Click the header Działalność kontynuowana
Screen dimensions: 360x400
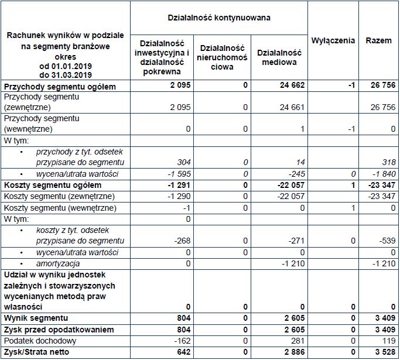pos(220,18)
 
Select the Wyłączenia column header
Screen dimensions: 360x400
pos(333,40)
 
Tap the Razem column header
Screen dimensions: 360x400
pos(378,40)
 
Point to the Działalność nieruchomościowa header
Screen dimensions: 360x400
pos(221,57)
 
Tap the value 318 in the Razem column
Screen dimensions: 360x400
pos(387,162)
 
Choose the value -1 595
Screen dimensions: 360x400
pos(177,174)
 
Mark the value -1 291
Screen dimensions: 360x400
pos(177,185)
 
